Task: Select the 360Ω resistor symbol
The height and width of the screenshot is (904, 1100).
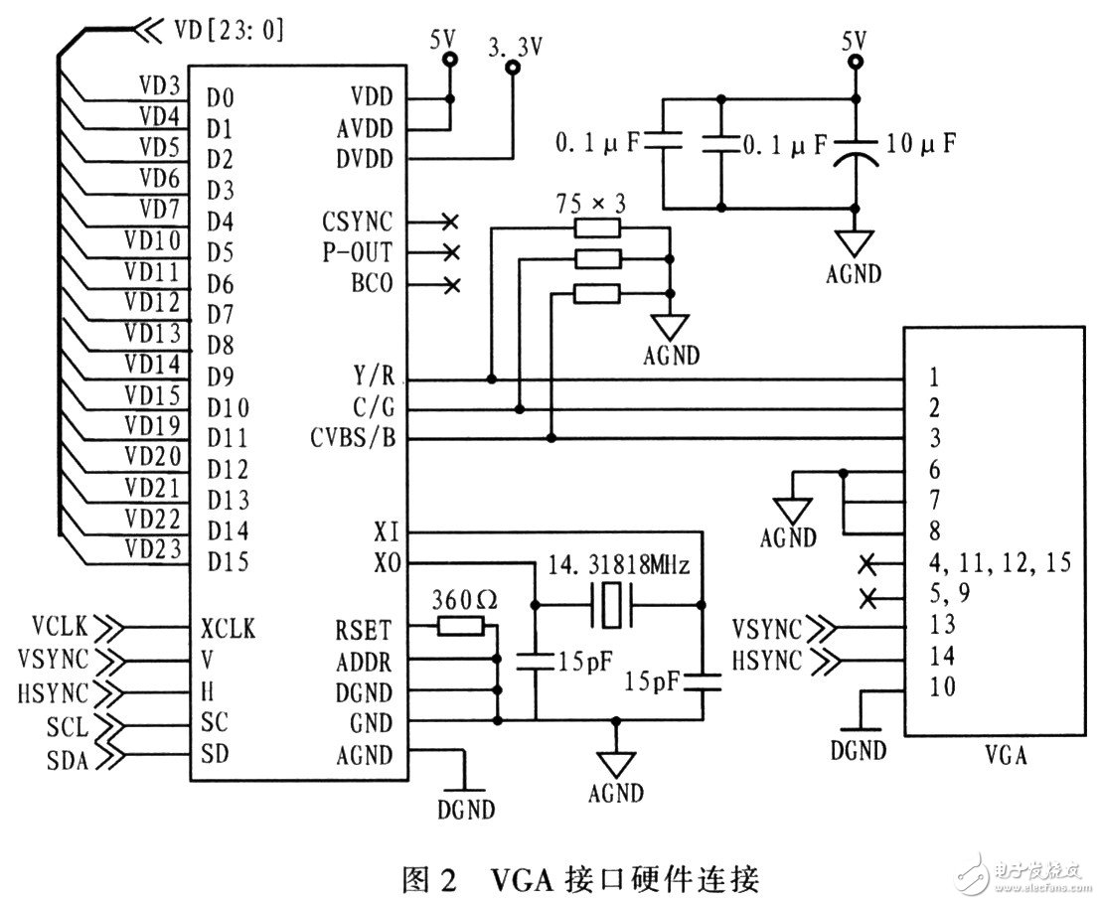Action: click(x=460, y=627)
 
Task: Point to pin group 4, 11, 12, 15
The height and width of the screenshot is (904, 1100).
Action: click(x=1001, y=563)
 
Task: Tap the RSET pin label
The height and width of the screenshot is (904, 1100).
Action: click(x=365, y=629)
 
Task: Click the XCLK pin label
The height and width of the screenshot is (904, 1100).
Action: click(x=228, y=629)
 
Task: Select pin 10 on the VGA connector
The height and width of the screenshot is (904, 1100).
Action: click(x=945, y=686)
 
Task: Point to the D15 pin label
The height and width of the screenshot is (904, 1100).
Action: click(x=228, y=561)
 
